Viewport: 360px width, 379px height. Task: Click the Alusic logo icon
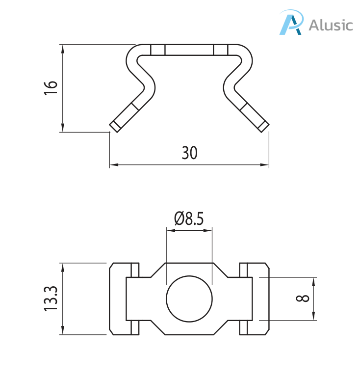tap(291, 23)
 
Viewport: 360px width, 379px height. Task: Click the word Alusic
tap(330, 25)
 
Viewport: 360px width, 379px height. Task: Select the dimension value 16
tap(51, 88)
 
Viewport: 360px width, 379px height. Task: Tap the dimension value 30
tap(189, 153)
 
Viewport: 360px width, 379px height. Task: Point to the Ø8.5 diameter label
tap(189, 218)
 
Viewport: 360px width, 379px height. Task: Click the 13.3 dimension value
tap(51, 299)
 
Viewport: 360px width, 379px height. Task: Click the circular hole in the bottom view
tap(189, 299)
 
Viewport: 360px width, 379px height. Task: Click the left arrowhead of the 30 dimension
tap(112, 165)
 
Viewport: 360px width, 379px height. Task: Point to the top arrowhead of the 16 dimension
tap(63, 48)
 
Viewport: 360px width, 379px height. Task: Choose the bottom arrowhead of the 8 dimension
tap(314, 318)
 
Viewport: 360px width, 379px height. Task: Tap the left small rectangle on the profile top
tap(158, 50)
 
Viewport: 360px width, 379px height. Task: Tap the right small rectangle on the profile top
tap(221, 50)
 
